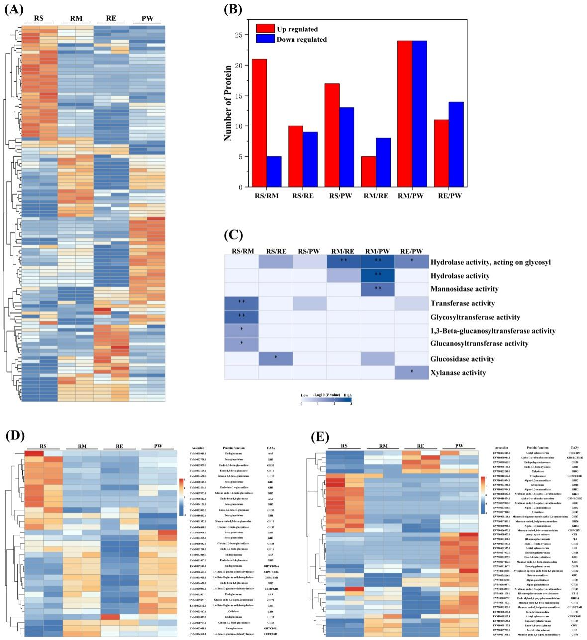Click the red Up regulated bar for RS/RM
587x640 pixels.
[259, 123]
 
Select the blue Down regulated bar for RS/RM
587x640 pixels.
[274, 172]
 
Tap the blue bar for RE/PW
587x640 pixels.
[456, 144]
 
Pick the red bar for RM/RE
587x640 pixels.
[369, 172]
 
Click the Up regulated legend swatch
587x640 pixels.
[264, 29]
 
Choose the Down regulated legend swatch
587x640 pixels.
[264, 39]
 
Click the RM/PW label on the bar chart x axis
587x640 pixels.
[412, 196]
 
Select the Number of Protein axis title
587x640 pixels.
[228, 103]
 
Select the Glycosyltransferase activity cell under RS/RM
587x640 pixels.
[241, 317]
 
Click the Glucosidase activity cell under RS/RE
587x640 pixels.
[275, 358]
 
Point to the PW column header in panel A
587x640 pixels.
[147, 19]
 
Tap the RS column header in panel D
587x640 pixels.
[44, 446]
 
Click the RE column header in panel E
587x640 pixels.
[421, 446]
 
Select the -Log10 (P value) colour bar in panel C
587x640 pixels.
[326, 400]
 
